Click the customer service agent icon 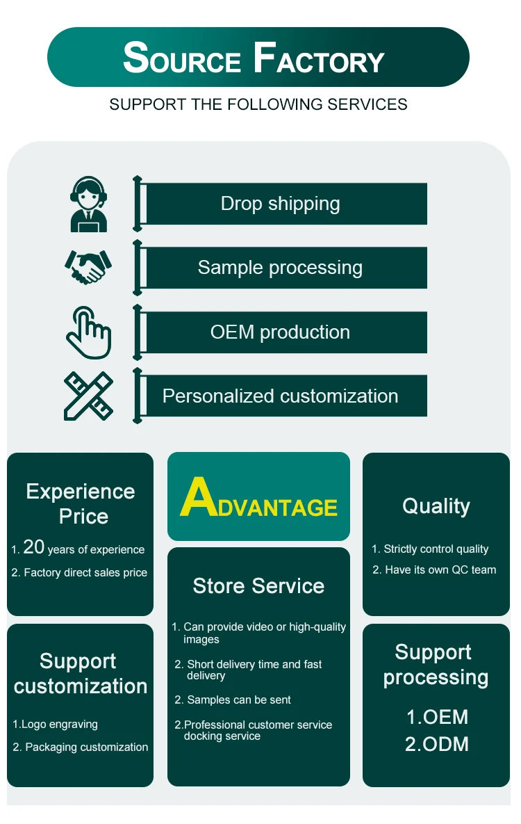coord(89,204)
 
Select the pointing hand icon coord(88,332)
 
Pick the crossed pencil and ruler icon coord(88,396)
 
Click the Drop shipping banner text coord(280,204)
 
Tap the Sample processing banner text coord(280,268)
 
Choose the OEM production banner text coord(280,332)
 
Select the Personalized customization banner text coord(280,396)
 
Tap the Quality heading coord(436,506)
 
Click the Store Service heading coord(258,586)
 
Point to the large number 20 coord(33,547)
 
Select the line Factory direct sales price coord(85,573)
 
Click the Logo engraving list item coord(59,725)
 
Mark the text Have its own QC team coord(440,570)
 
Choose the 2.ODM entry coord(437,745)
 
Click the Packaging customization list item coord(86,748)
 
